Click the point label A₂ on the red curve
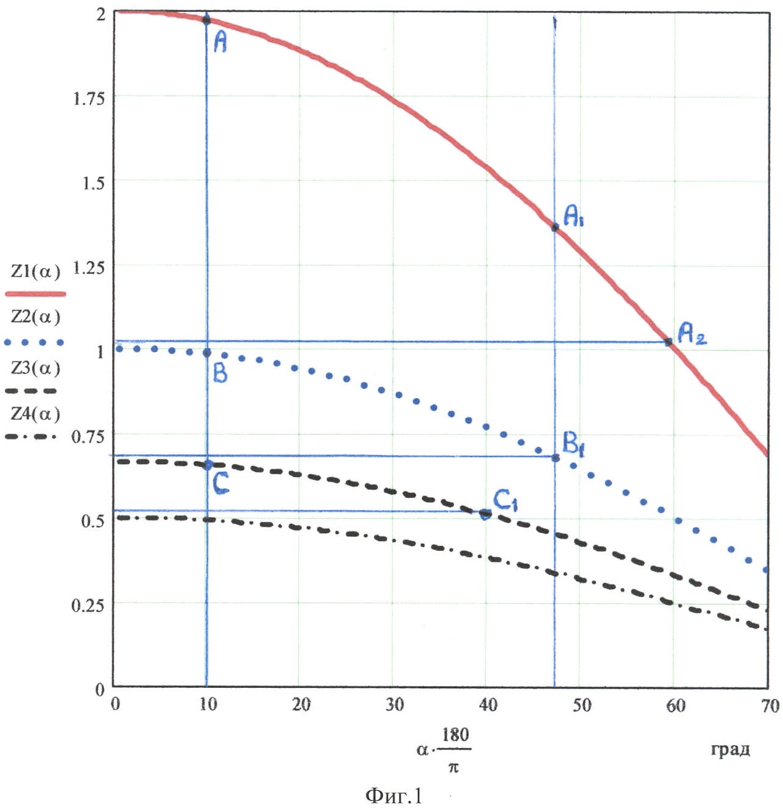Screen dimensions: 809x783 692,334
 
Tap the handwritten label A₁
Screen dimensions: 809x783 573,216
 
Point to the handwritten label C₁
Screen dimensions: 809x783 505,501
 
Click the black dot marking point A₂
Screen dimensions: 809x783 669,342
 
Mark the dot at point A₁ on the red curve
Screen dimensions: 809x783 555,228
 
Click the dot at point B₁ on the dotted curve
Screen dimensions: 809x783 555,458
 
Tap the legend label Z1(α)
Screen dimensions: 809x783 36,271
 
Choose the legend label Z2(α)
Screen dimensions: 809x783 36,317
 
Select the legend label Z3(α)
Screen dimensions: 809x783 36,368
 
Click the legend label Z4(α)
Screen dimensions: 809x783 36,415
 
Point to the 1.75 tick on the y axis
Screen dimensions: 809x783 89,98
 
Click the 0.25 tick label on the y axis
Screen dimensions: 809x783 88,605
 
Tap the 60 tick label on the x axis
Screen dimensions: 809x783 676,706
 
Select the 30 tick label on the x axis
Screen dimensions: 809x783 395,705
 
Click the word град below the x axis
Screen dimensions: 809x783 730,749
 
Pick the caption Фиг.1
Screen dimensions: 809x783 393,796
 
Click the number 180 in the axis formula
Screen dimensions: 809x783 455,735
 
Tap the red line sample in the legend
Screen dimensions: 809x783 35,294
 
